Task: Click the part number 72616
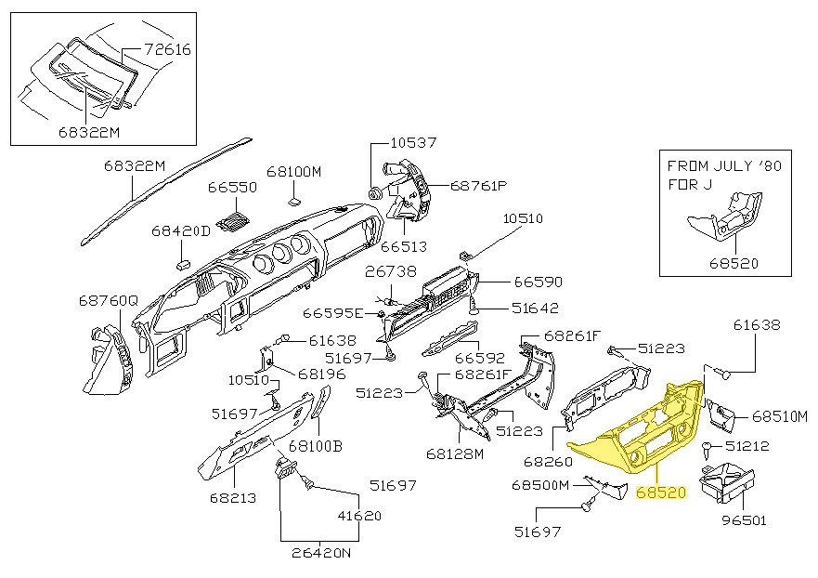(168, 49)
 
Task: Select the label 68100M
(293, 172)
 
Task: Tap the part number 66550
(231, 187)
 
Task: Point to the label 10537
(413, 143)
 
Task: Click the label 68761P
(479, 186)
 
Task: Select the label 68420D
(181, 230)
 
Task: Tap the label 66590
(539, 281)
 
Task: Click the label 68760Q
(108, 301)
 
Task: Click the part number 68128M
(455, 454)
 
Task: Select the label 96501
(745, 520)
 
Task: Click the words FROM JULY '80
(726, 165)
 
